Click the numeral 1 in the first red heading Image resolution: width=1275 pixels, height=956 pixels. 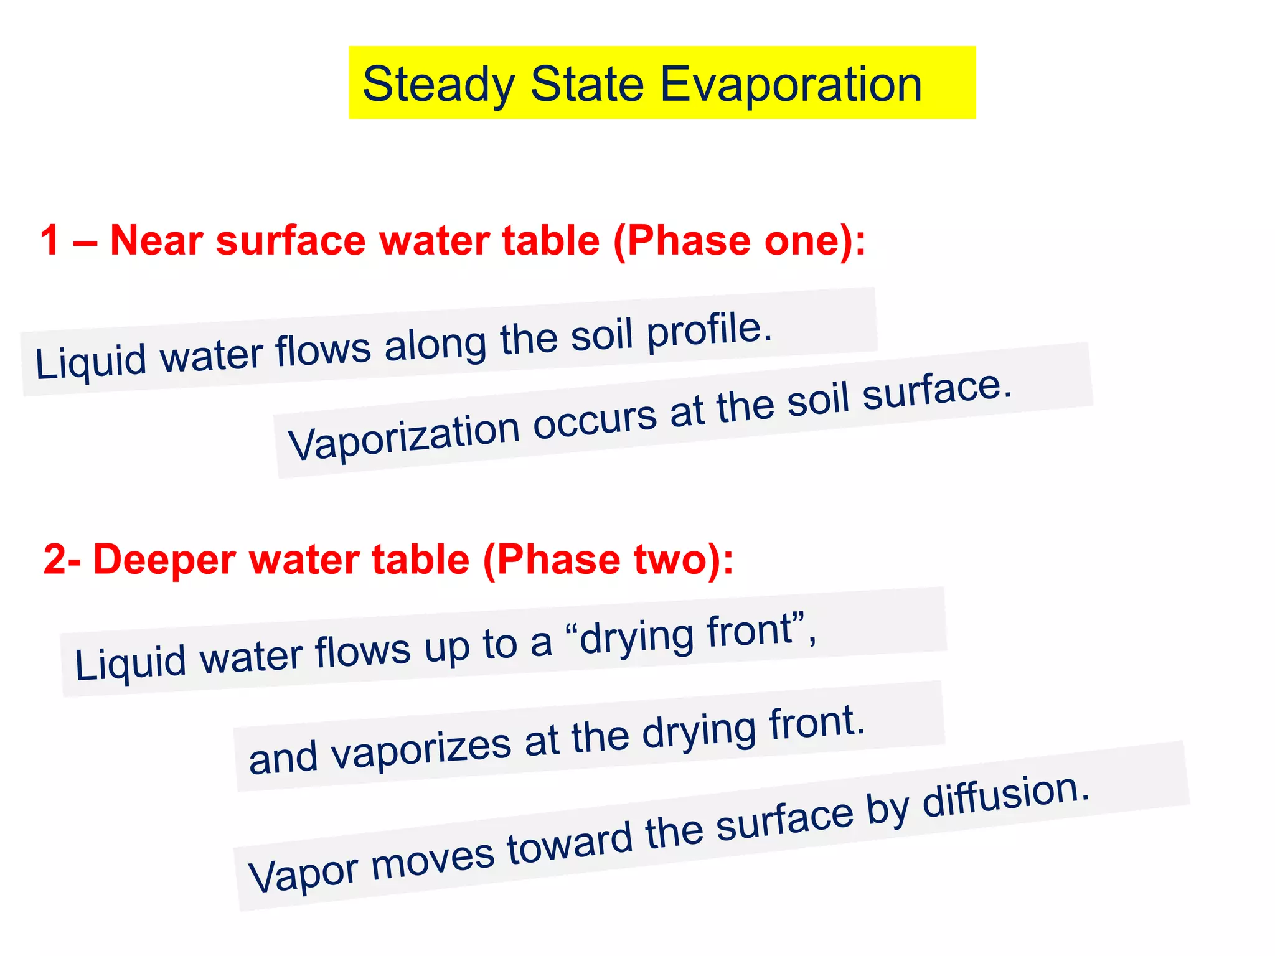tap(50, 240)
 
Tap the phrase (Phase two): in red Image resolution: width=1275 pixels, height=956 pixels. tap(608, 559)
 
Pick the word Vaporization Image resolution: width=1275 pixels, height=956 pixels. tap(403, 437)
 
